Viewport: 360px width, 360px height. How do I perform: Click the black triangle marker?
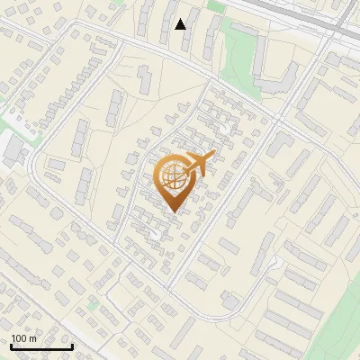tap(181, 23)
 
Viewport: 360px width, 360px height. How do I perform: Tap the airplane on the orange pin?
tap(201, 164)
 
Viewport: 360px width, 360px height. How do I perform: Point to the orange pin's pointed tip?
tap(174, 212)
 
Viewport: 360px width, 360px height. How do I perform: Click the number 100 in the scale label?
tap(20, 337)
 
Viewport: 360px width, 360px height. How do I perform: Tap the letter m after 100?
tap(34, 337)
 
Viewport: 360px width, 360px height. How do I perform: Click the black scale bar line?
tap(41, 346)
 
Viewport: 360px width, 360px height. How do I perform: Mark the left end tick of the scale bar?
tap(11, 346)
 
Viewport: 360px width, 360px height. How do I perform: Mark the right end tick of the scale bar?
tap(72, 346)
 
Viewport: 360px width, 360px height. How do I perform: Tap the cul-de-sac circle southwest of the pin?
tap(156, 235)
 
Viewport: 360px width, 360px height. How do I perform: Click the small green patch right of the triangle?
tap(215, 6)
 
